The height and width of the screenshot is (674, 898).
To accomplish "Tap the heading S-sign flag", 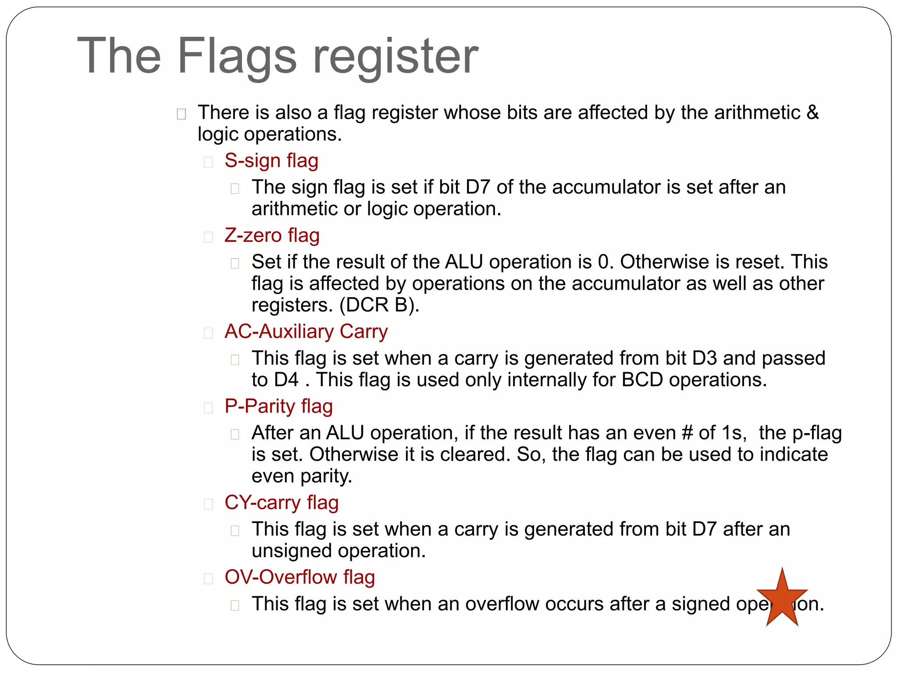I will point(271,161).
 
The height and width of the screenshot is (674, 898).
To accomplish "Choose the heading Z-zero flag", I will point(272,236).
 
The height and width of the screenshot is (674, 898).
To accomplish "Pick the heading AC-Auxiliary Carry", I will point(306,332).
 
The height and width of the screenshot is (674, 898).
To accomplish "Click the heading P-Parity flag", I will point(278,406).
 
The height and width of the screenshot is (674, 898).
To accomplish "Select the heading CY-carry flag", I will point(282,503).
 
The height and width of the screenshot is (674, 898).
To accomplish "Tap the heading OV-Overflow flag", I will point(299,577).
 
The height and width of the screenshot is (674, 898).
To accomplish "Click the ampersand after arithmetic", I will point(812,113).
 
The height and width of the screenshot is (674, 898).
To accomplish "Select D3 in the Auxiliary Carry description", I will point(704,359).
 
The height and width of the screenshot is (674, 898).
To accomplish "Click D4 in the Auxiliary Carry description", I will point(286,380).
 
